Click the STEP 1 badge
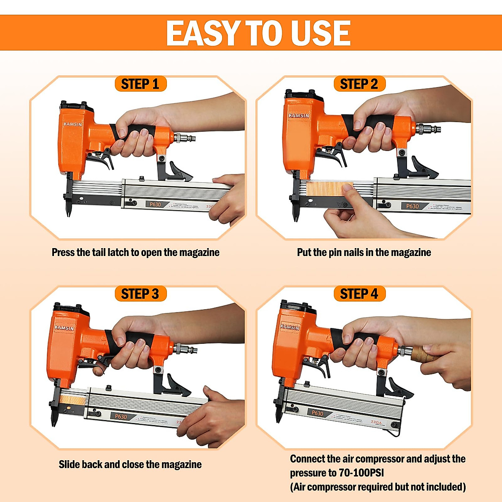[140, 84]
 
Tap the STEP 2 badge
[359, 84]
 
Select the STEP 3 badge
[140, 294]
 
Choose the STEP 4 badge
[359, 294]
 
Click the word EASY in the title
[203, 33]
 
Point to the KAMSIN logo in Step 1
[73, 124]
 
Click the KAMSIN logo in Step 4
[289, 326]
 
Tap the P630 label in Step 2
[412, 206]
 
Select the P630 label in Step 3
[121, 417]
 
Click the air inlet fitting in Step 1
[184, 137]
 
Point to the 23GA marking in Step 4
[376, 422]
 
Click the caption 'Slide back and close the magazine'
[130, 464]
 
